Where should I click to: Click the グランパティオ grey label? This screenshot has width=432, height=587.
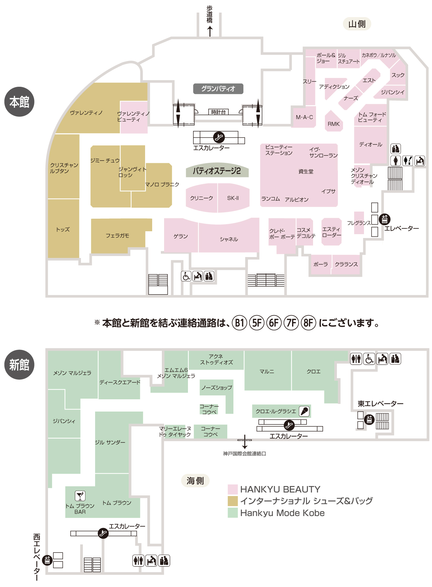[218, 89]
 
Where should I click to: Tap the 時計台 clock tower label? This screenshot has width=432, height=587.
[218, 112]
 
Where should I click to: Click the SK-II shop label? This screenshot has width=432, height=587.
[233, 198]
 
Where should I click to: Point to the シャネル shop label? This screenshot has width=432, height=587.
[229, 239]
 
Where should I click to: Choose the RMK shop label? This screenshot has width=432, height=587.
[334, 124]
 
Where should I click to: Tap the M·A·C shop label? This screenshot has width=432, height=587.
[304, 117]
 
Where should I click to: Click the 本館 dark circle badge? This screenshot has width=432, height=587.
[19, 102]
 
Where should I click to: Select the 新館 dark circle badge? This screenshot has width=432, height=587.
[19, 365]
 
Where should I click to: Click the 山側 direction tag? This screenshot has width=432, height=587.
[357, 24]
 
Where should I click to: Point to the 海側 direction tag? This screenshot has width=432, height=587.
[195, 481]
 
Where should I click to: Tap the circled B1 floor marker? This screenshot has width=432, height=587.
[240, 323]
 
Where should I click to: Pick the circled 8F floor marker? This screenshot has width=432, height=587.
[308, 323]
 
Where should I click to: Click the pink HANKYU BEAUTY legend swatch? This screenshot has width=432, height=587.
[232, 489]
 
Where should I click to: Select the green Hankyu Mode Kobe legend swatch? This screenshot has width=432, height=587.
[232, 513]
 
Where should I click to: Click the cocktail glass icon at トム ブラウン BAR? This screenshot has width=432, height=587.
[80, 496]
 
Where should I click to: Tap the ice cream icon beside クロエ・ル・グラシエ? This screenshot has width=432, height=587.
[304, 411]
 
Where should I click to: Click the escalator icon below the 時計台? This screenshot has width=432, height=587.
[219, 137]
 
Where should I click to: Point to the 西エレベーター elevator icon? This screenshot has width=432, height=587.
[47, 561]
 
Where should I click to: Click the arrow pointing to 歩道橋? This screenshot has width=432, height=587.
[210, 31]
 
